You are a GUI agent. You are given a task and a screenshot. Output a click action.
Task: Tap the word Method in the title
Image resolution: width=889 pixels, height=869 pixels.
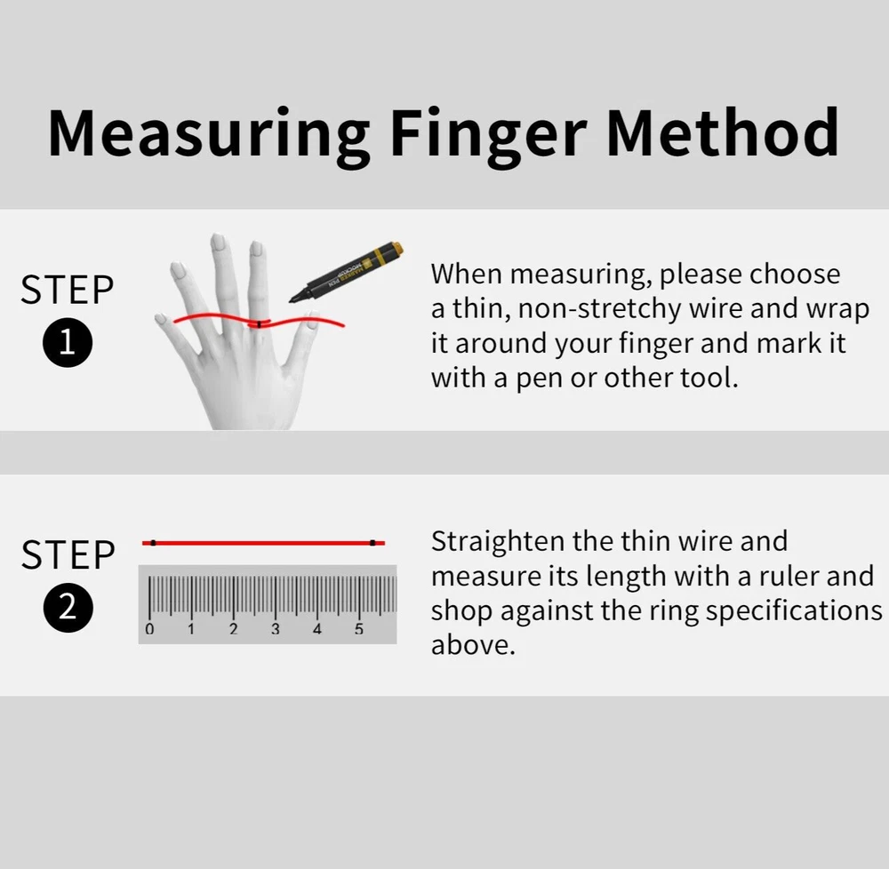click(x=723, y=132)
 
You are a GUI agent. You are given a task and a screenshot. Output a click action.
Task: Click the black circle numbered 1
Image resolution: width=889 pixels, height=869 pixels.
click(x=68, y=342)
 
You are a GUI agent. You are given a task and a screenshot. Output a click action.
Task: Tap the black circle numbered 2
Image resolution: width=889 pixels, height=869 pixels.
click(x=68, y=607)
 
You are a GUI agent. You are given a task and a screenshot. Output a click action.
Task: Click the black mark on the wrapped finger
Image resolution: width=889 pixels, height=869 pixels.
click(x=259, y=324)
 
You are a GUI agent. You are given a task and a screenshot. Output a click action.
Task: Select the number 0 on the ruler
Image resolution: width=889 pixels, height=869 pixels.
click(x=149, y=629)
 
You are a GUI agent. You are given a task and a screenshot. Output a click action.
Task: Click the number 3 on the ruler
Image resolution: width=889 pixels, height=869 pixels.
click(x=275, y=629)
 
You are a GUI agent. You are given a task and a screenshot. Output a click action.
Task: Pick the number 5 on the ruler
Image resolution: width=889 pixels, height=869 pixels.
click(x=359, y=629)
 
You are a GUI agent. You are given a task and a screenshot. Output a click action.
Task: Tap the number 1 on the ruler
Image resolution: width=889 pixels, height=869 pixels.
click(x=191, y=629)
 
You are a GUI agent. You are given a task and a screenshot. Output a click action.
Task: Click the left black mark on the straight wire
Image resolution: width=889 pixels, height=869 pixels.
click(x=153, y=543)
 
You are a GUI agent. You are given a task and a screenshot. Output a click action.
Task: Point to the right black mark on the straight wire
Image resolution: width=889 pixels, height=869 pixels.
click(x=372, y=543)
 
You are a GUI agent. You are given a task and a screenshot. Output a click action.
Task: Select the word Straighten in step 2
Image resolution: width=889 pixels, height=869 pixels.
click(x=499, y=542)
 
